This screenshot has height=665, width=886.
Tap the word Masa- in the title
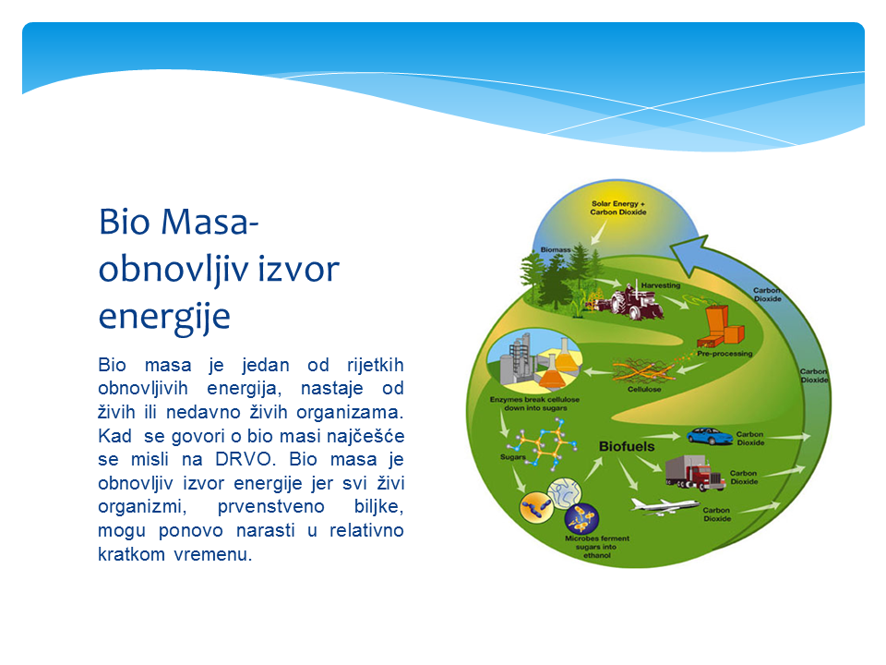210,222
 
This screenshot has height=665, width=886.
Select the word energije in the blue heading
164,317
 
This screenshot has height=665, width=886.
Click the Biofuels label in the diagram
627,446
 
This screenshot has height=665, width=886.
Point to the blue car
709,436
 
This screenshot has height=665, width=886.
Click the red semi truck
694,473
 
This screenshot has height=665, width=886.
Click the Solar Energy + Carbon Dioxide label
618,208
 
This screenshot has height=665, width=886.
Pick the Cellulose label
644,389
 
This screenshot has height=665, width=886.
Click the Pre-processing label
724,354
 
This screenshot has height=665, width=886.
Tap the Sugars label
512,457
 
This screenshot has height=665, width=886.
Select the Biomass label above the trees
556,249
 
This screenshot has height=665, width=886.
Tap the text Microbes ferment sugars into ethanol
597,547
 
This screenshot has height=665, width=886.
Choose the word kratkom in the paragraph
132,553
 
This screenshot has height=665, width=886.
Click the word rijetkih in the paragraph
376,365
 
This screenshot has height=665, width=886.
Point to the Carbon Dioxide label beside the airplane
716,514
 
